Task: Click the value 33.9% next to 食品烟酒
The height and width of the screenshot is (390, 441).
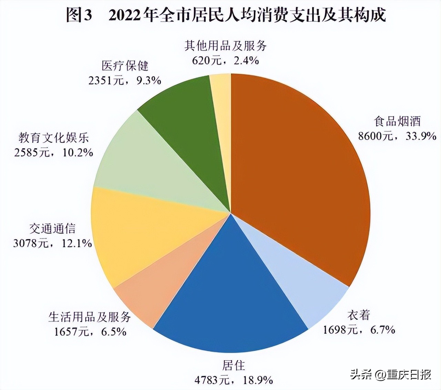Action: point(421,136)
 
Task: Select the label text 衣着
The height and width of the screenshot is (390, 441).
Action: point(358,315)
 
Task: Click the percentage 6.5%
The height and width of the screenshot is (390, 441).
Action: point(114,332)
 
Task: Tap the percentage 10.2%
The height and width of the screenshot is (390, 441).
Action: point(78,152)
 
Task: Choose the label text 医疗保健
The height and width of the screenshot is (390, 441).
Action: point(125,65)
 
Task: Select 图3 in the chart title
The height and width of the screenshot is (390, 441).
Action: point(80,16)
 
